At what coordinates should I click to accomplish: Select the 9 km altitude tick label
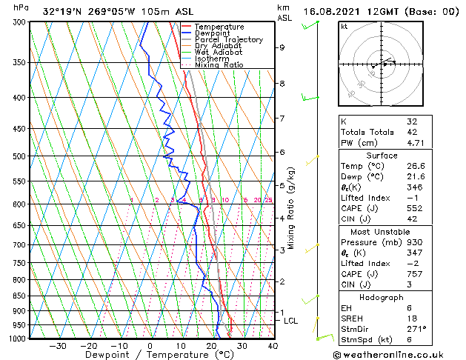282,47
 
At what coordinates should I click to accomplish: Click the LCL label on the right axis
290,321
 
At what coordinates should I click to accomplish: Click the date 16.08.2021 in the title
333,12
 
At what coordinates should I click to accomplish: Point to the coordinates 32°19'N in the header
64,12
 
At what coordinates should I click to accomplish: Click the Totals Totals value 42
412,132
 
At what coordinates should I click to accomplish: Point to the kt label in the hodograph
344,27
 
